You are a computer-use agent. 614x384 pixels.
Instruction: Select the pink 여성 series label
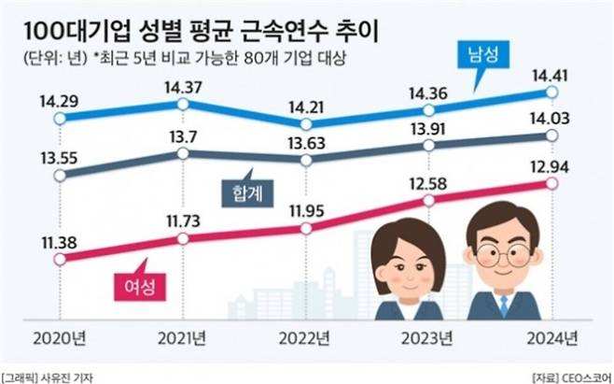(133, 283)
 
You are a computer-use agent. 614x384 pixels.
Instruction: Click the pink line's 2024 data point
(552, 184)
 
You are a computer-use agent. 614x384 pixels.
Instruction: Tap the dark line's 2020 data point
(62, 175)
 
